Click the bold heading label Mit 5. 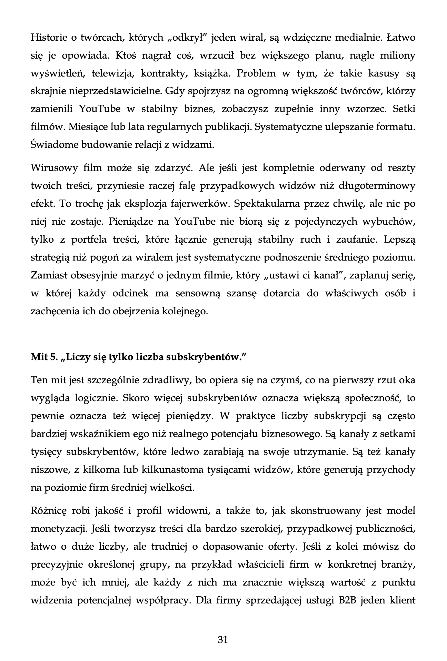coord(43,357)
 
